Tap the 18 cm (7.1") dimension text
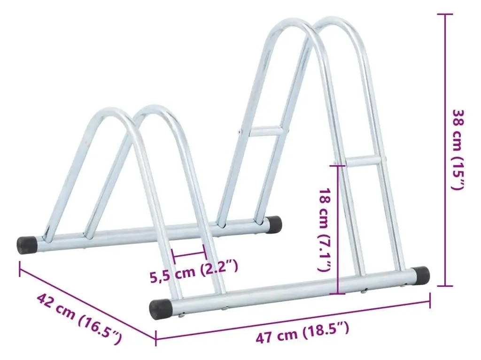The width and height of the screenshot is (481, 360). click(x=325, y=230)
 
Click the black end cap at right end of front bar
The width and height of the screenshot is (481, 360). click(x=421, y=276)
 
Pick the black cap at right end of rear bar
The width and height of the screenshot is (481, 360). click(x=274, y=224)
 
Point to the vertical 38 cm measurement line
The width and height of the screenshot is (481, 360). click(x=444, y=149)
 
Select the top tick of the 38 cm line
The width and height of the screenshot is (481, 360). click(x=444, y=14)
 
